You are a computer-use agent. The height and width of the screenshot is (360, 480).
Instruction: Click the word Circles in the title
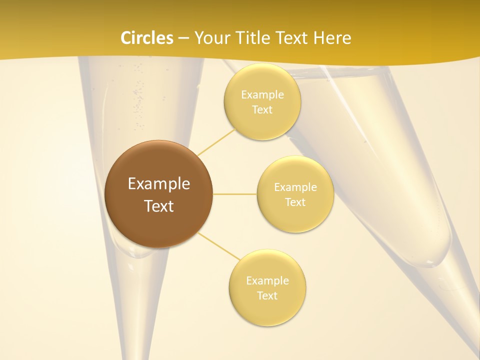point(146,38)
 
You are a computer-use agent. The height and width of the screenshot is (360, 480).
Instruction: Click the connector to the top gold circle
point(216,142)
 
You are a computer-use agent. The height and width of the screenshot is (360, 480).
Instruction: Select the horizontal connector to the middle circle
point(234,194)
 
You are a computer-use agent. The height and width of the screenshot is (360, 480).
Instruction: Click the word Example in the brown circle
point(159,184)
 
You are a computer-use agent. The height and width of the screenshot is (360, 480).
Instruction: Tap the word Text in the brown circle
point(159,206)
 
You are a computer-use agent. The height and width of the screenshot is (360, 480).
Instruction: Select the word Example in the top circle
point(262,95)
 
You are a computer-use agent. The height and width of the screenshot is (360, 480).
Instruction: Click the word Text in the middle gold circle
point(295,202)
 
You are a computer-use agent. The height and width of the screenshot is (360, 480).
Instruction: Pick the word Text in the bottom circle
point(267,295)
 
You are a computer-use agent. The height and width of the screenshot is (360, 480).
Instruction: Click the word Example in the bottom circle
point(267,280)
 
